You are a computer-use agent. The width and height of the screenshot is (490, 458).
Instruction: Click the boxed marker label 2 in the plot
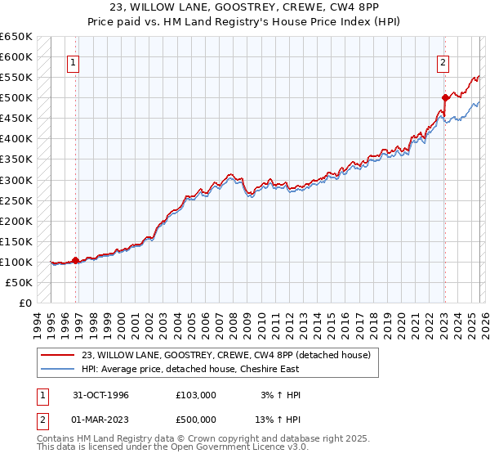coord(443,62)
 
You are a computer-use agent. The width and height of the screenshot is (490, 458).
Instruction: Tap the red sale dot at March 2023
coord(445,97)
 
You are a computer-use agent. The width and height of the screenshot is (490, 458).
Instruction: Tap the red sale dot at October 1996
coord(76,260)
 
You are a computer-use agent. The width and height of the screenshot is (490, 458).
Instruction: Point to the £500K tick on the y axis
coord(16,98)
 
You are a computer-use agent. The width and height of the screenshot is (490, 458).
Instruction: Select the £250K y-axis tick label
coord(16,200)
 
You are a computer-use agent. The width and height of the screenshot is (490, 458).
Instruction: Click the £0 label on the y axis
coord(24,303)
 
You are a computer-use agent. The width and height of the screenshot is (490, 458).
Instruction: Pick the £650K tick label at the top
coord(16,37)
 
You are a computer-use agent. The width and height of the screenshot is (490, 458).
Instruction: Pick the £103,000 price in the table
coord(196,395)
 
